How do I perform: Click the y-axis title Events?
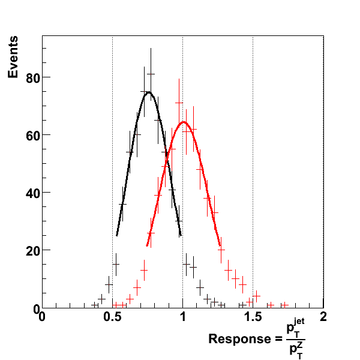click(16, 57)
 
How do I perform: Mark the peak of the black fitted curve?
click(148, 92)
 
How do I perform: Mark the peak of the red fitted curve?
click(184, 122)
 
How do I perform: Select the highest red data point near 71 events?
click(178, 103)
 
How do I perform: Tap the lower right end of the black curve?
click(181, 235)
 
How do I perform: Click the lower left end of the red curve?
click(147, 245)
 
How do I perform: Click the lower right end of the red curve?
click(220, 244)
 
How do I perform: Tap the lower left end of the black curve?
click(117, 235)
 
